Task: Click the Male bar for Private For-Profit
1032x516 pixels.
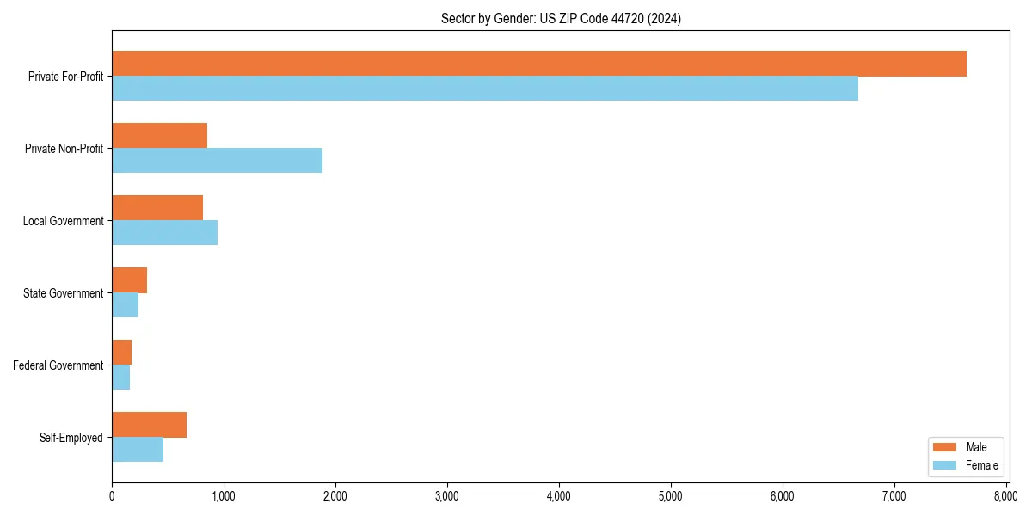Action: point(538,64)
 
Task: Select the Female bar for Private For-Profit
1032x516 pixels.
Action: point(484,89)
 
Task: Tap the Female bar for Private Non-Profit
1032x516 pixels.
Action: point(217,161)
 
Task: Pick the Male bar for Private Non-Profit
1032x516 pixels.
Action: point(159,136)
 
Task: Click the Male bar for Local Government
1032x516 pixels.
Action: point(157,208)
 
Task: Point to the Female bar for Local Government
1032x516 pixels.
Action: point(164,233)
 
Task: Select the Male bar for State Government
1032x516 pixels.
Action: point(129,280)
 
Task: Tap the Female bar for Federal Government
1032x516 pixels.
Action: point(120,378)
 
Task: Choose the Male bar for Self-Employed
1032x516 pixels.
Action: point(149,425)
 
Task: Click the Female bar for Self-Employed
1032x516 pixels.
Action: point(138,450)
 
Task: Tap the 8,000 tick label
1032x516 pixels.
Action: point(1005,496)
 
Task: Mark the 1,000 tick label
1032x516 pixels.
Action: point(224,496)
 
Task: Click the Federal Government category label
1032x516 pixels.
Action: point(58,365)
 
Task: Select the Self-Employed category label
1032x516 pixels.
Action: point(71,438)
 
